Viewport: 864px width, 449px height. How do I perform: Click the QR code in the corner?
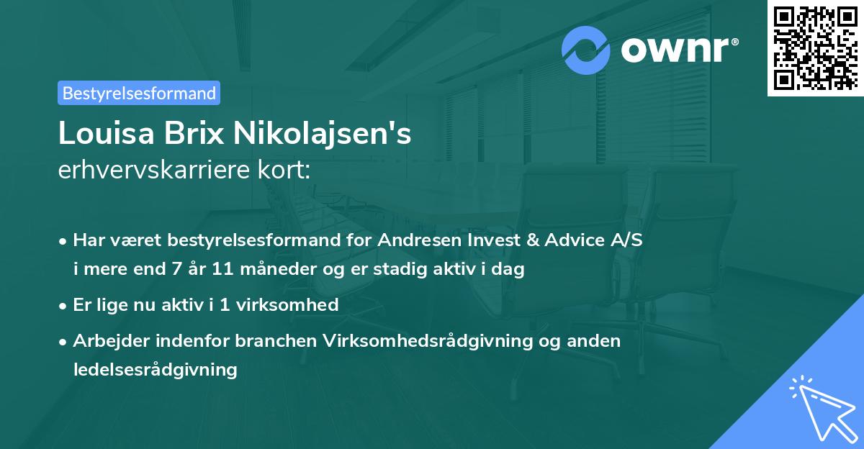point(815,47)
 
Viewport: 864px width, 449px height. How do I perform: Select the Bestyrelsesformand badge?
point(139,93)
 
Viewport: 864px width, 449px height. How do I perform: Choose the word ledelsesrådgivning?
point(155,370)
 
